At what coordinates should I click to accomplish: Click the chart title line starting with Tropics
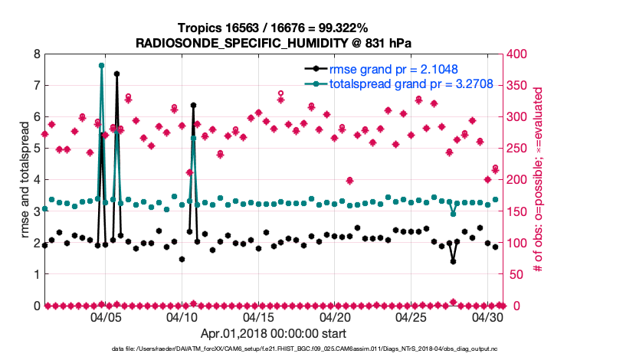click(x=273, y=28)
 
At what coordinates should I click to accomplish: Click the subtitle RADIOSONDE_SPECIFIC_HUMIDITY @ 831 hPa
click(x=273, y=43)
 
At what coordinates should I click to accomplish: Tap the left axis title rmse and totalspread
click(x=24, y=180)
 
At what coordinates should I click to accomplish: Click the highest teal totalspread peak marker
click(x=101, y=66)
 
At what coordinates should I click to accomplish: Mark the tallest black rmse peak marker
click(x=116, y=74)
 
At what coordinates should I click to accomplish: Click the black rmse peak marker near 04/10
click(x=193, y=105)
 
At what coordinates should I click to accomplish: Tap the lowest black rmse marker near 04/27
click(x=453, y=261)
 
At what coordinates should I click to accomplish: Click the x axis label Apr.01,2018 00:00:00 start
click(x=273, y=334)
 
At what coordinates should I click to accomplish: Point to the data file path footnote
click(x=307, y=350)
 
